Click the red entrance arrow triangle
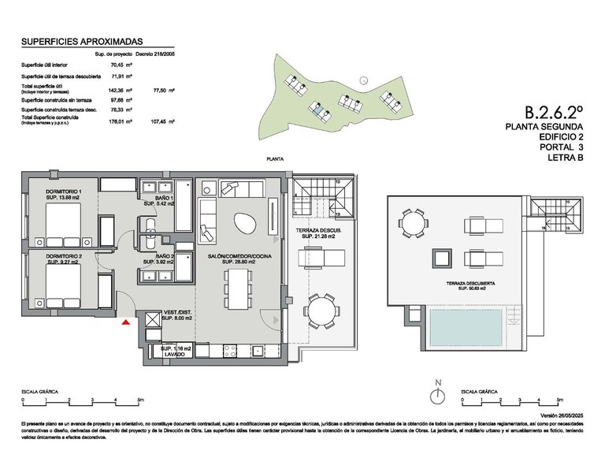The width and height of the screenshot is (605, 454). (x=125, y=320)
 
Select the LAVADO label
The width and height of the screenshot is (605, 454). (x=174, y=354)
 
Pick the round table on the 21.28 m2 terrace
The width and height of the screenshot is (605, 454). (x=321, y=310)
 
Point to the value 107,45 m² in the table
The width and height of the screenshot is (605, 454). (x=163, y=121)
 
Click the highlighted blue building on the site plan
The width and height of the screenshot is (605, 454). (x=318, y=111)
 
